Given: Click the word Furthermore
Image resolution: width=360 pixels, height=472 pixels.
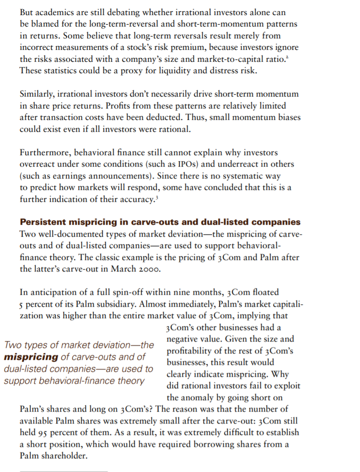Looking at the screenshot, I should [45, 152].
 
